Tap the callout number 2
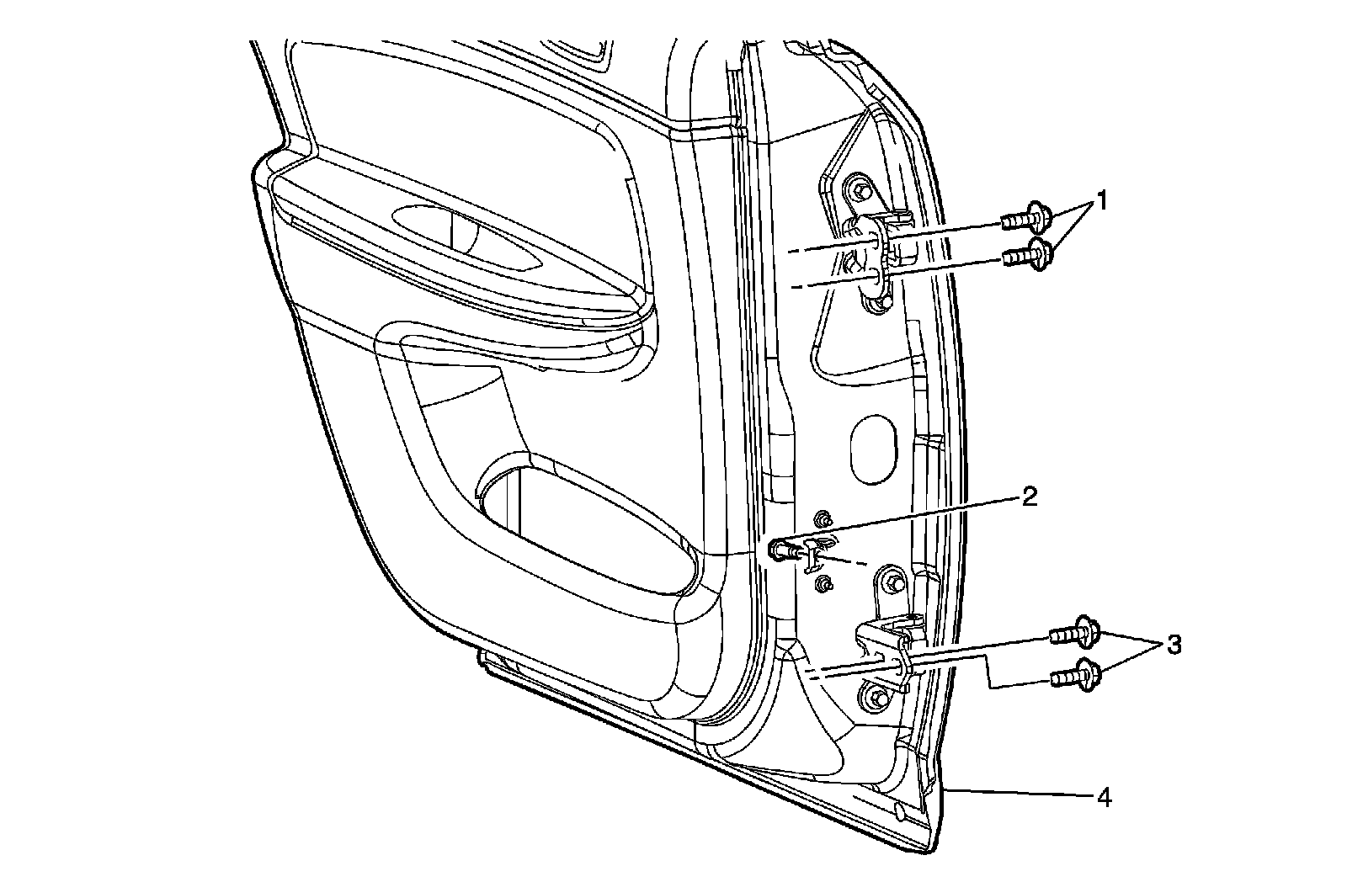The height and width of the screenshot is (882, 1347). tap(1028, 497)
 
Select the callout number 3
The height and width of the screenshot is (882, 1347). tap(1173, 646)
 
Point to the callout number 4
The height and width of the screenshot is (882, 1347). tap(1103, 797)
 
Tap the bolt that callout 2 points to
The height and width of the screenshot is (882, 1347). tap(783, 551)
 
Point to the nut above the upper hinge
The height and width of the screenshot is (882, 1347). tap(859, 189)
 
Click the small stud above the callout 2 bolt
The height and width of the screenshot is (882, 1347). tap(824, 516)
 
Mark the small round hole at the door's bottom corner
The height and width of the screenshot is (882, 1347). tap(899, 811)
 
